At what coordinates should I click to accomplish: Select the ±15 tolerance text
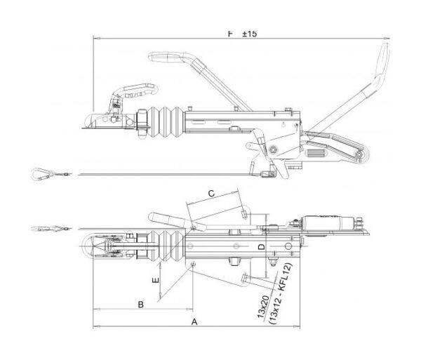pos(249,34)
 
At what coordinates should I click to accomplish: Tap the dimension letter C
pos(210,192)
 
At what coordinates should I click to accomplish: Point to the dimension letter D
pos(260,248)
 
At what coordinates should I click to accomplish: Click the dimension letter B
pos(140,305)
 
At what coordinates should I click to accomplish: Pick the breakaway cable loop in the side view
pos(42,172)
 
